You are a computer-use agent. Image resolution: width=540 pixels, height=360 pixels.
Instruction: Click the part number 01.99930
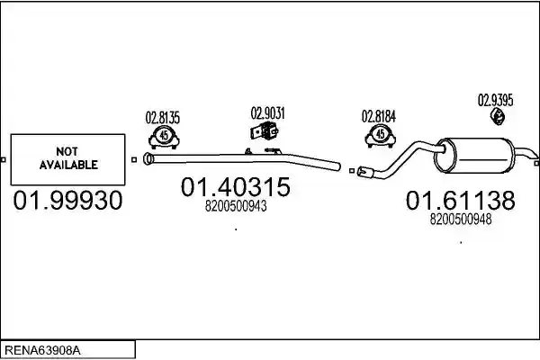coord(67,201)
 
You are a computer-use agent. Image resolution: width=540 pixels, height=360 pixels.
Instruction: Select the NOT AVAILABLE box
coord(67,159)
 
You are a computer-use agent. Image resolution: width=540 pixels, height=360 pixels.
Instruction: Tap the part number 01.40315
coord(236,187)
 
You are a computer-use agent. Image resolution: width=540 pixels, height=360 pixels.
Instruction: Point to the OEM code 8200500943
coord(236,206)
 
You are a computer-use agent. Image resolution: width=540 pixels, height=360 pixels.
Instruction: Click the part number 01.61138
coord(461,200)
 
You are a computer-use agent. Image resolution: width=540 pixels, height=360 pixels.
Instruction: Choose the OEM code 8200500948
coord(461,219)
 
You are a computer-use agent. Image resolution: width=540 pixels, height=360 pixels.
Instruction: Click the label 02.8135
coord(163,118)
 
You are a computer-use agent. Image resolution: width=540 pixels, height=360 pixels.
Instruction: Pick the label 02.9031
coord(267,113)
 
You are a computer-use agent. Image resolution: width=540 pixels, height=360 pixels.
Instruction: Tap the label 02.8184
coord(379,116)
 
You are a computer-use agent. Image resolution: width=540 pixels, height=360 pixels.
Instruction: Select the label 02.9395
coord(495,100)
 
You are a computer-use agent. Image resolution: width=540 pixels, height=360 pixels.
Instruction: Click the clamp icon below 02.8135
coord(164,137)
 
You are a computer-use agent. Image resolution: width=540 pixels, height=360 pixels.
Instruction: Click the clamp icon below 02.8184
coord(380,136)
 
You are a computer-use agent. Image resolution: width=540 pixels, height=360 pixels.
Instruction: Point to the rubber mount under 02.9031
coord(264,131)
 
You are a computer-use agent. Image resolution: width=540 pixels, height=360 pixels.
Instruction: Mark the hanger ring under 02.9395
coord(498,116)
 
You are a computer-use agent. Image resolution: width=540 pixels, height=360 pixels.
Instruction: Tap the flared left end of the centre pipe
coord(148,158)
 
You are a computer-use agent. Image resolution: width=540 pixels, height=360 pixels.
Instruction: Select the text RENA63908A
coord(42,350)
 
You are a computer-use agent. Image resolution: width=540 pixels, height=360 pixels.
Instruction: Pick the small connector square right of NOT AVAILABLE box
coord(134,159)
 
